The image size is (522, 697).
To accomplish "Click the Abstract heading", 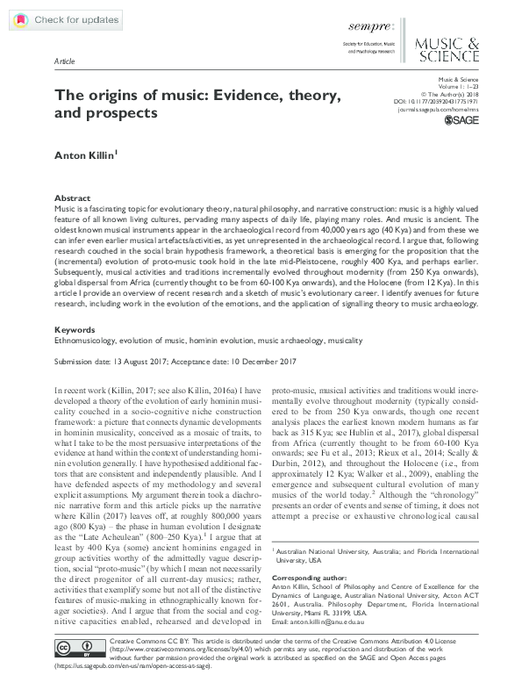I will tap(72, 198).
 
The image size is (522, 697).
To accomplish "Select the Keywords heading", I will tap(75, 330).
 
